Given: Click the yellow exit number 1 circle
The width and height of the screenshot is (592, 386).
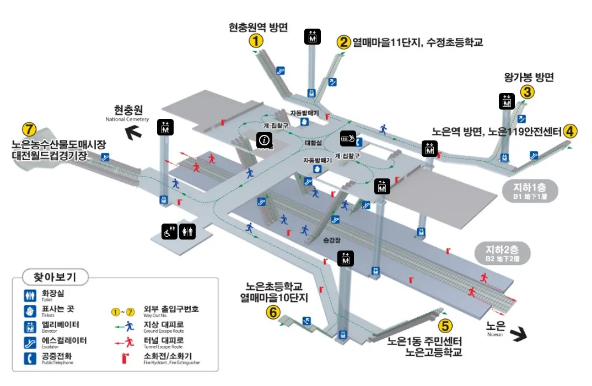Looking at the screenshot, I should tap(255, 41).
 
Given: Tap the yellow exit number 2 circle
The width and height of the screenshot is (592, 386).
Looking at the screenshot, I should tap(344, 42).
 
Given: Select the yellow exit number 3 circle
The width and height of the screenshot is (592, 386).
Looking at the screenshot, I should tap(528, 92).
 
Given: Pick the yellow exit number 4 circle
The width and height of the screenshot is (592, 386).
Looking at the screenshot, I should tap(570, 132).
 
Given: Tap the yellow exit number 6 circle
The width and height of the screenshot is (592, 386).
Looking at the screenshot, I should tap(273, 313).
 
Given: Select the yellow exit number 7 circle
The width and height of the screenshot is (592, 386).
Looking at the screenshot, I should tap(29, 130).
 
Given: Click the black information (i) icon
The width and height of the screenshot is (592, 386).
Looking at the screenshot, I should tap(264, 140).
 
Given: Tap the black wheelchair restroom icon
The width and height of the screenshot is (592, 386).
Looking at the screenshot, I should tap(169, 232).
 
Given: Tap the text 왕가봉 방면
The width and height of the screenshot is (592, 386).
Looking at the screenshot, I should tap(529, 77).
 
